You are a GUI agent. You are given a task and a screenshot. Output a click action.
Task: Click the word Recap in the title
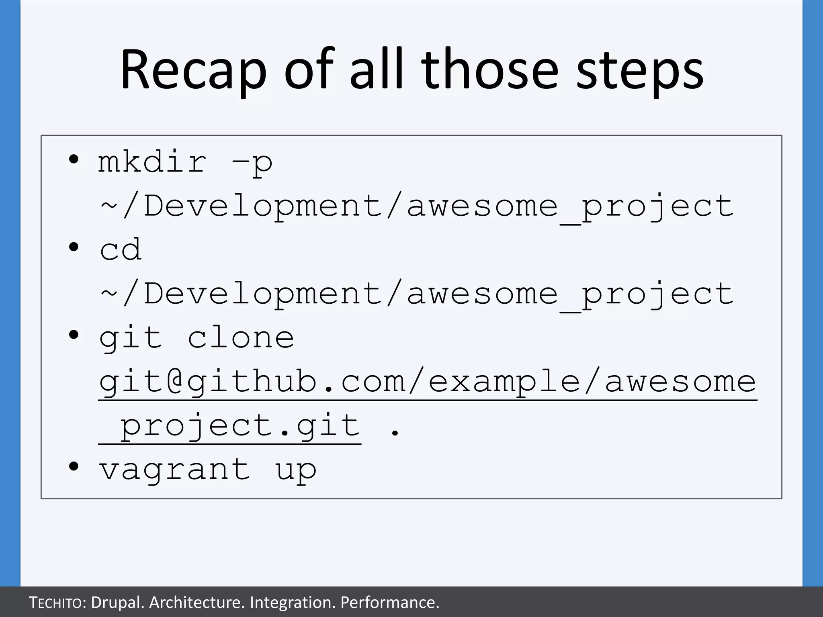193,70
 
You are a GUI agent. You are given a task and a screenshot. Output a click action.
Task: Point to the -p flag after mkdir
252,163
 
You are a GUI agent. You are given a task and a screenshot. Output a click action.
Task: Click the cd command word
121,249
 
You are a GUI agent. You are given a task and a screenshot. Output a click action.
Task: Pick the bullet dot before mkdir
74,159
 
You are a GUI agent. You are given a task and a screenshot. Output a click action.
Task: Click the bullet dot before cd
74,247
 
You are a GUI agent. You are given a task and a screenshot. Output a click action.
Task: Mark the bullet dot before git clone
74,335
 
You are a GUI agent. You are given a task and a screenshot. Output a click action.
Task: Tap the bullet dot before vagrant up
74,466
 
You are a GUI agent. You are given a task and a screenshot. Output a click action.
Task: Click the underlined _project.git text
230,426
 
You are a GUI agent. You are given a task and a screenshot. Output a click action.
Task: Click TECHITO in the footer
56,603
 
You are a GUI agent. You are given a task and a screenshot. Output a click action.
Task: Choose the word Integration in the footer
292,603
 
